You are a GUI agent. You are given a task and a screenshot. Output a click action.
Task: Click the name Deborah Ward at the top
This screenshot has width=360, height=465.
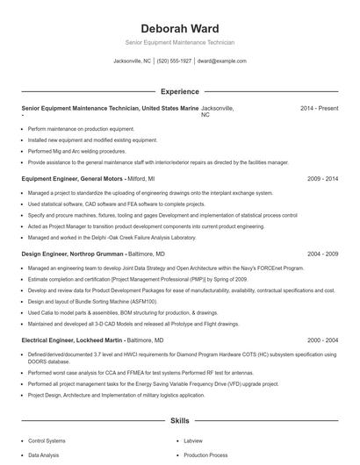[179, 29]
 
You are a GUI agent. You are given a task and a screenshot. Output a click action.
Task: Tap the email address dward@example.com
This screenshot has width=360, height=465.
[221, 61]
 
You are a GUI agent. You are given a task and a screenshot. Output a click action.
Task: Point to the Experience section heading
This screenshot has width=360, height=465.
[179, 91]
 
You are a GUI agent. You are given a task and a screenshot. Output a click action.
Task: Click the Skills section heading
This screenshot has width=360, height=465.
[179, 421]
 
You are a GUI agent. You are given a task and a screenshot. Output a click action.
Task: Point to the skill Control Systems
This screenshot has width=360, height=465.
[47, 441]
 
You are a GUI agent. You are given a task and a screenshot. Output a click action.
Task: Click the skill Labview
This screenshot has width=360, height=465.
[194, 441]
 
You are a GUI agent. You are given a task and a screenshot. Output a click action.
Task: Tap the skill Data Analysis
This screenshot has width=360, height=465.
[44, 456]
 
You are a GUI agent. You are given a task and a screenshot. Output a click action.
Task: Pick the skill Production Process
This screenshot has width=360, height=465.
[206, 456]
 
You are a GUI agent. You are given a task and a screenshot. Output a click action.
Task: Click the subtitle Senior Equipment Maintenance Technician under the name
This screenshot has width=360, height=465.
[179, 42]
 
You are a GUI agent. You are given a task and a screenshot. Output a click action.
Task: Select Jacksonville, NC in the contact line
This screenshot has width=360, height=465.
[133, 61]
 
